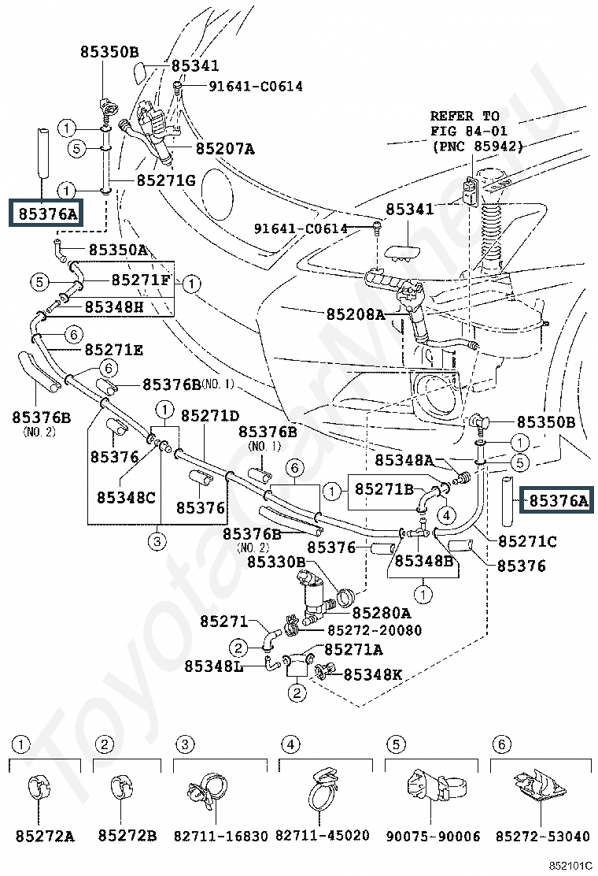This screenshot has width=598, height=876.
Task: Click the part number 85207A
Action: (x=225, y=149)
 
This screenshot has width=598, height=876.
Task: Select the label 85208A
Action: (x=356, y=314)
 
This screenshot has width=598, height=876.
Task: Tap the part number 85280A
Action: (x=382, y=613)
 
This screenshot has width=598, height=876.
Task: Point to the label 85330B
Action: (x=276, y=562)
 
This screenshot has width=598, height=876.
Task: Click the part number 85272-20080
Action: (x=375, y=630)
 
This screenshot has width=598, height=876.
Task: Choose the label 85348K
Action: (x=373, y=675)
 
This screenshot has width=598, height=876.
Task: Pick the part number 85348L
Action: (x=214, y=666)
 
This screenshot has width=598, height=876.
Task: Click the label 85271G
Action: (x=166, y=180)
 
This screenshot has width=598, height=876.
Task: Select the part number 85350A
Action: (x=118, y=250)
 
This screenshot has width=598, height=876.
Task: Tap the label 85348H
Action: (x=114, y=306)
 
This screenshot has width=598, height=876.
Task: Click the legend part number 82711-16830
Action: (x=221, y=837)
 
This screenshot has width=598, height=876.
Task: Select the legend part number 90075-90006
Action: (x=433, y=837)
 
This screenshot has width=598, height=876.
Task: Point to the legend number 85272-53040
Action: (x=543, y=837)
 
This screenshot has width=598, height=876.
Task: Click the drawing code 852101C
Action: (x=570, y=866)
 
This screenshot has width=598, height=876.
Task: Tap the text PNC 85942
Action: (x=478, y=147)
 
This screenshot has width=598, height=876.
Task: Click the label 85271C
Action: (x=527, y=541)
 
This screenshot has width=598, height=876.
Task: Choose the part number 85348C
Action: (x=126, y=497)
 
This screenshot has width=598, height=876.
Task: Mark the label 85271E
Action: (x=114, y=351)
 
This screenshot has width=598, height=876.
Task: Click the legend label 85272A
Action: (x=45, y=837)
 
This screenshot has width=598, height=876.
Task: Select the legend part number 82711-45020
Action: (x=323, y=836)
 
